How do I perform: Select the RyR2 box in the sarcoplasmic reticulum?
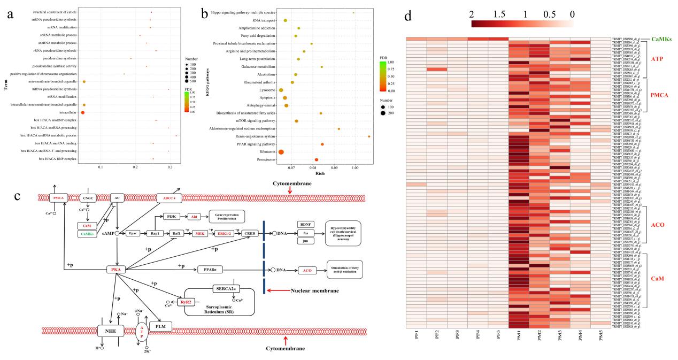tap(186, 303)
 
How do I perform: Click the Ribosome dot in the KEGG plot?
tap(281, 152)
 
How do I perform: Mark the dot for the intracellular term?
tap(83, 113)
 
